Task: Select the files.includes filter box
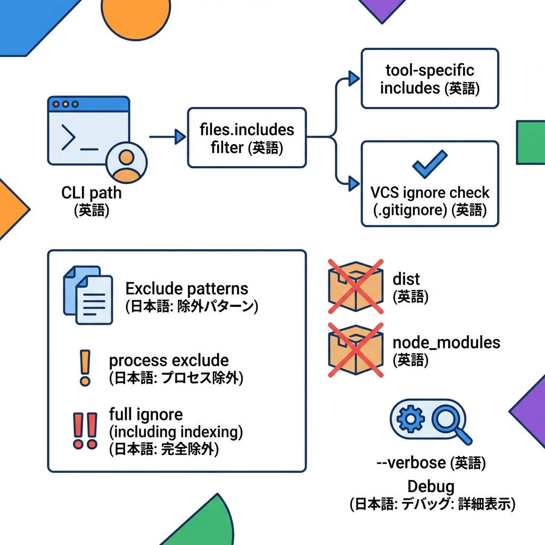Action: [246, 137]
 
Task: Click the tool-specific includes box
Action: [430, 78]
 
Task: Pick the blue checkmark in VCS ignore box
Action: [430, 163]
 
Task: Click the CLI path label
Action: [92, 192]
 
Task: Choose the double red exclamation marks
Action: [85, 430]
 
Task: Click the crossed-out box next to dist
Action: [356, 286]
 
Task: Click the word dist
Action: [406, 279]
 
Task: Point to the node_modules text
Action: [446, 342]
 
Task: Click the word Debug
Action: [431, 486]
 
